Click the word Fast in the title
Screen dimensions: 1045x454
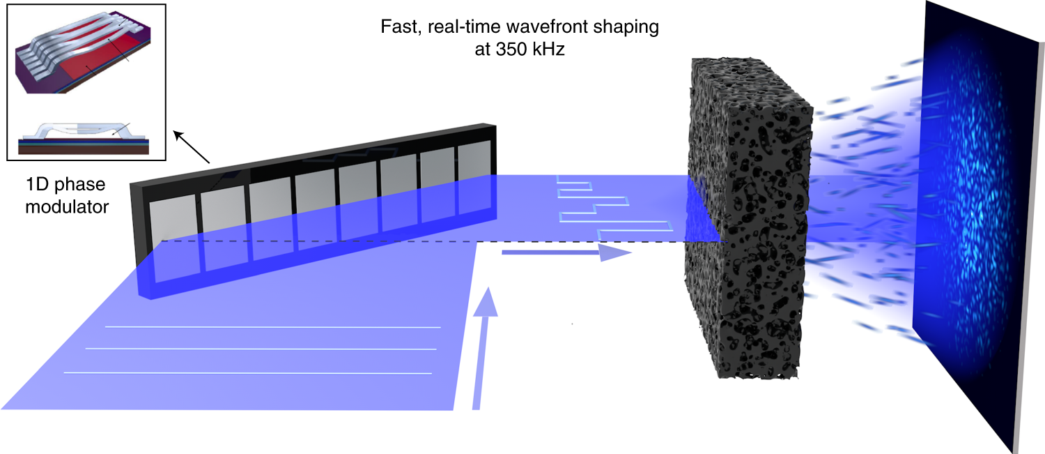tap(395, 28)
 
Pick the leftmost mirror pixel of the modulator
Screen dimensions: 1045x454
tap(170, 237)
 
